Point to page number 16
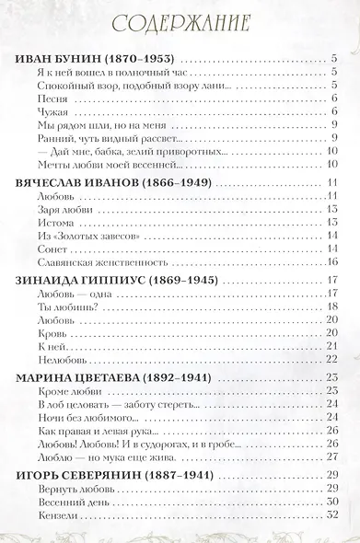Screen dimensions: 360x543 click(x=334, y=261)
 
